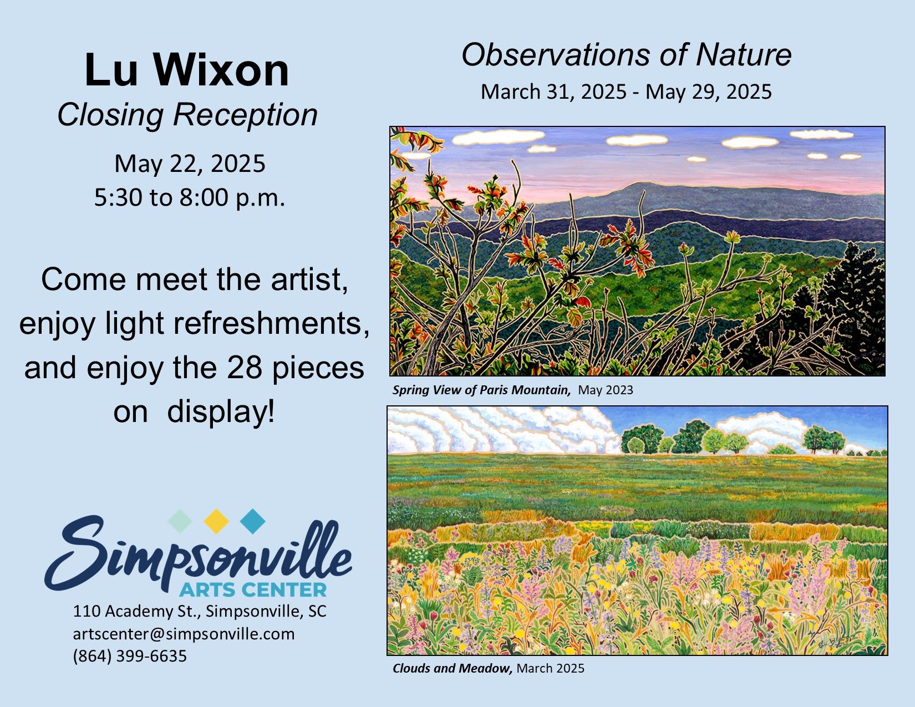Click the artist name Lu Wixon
click(187, 70)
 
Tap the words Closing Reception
click(187, 115)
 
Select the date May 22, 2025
click(190, 164)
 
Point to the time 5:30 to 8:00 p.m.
click(190, 197)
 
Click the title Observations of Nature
click(627, 55)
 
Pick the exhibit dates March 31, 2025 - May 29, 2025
click(626, 92)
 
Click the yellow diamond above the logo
click(216, 521)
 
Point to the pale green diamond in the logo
click(180, 521)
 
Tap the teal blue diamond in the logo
click(252, 521)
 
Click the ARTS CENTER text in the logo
click(253, 589)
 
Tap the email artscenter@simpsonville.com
click(184, 634)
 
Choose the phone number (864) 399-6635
click(130, 656)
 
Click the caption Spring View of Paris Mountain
click(482, 390)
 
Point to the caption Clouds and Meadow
click(453, 668)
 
